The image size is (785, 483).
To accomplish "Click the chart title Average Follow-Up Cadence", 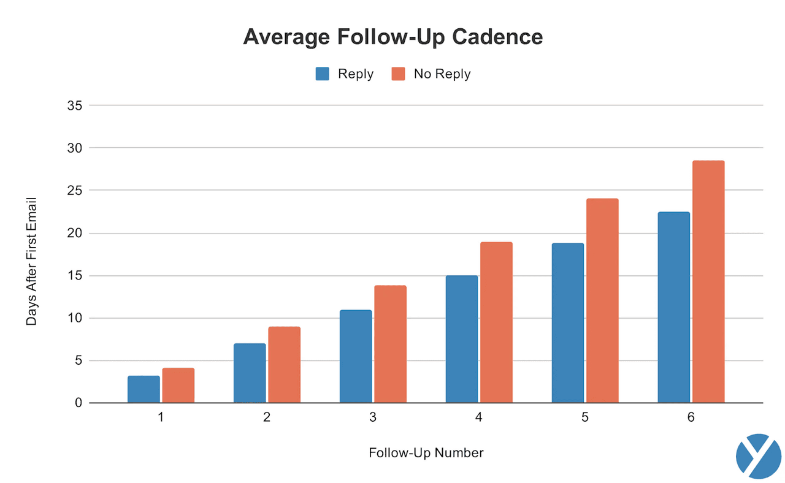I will (392, 37).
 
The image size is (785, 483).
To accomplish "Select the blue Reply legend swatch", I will (323, 74).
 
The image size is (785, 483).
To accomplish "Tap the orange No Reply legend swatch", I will (399, 74).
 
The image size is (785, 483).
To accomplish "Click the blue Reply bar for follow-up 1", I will (144, 389).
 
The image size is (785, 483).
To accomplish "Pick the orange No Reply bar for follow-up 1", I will (178, 386).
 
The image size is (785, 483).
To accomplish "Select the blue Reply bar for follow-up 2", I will (250, 373).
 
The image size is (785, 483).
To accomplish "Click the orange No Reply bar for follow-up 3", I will (390, 344).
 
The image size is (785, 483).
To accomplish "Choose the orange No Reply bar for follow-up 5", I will (602, 301).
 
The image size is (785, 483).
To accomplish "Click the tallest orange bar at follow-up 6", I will (708, 282).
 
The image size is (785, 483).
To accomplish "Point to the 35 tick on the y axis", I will (75, 105).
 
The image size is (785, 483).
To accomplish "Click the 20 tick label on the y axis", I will (75, 233).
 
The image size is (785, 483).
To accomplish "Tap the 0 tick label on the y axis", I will (78, 403).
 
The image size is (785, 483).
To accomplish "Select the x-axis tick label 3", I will (373, 417).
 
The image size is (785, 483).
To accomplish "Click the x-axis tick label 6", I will (691, 417).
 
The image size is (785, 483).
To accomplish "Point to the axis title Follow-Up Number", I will (426, 453).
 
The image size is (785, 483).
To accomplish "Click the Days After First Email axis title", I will (31, 261).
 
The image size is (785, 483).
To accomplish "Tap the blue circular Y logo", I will (758, 456).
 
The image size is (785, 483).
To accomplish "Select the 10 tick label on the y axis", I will (75, 318).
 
